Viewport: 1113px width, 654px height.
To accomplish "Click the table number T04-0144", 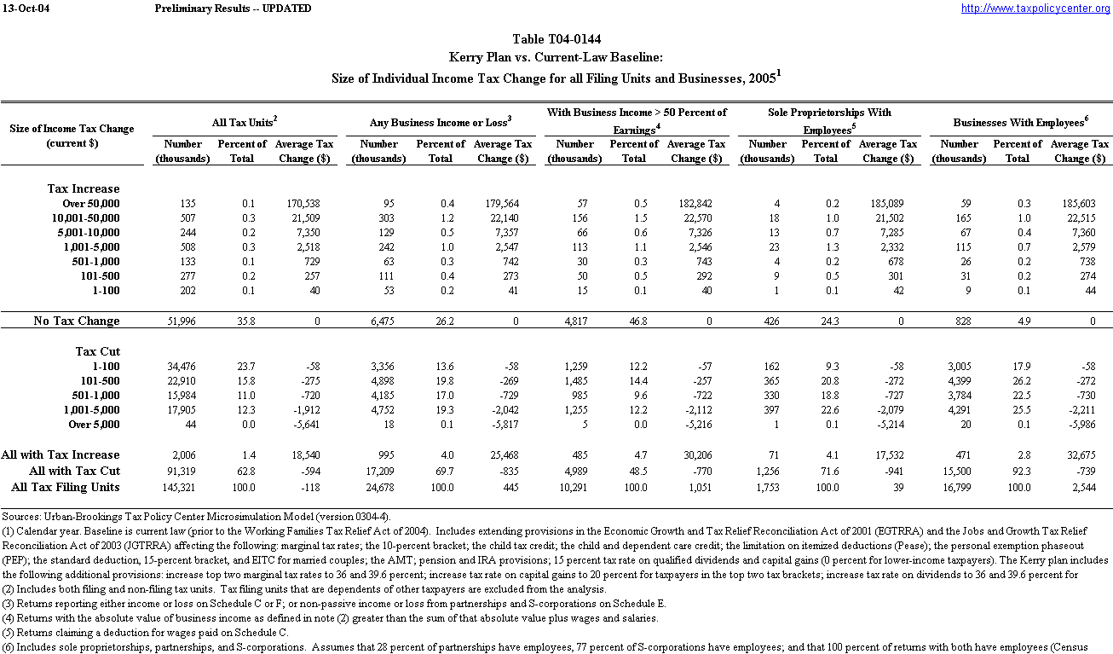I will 556,40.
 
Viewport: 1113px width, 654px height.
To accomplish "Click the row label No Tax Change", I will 77,321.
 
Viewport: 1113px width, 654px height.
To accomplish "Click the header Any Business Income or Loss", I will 440,123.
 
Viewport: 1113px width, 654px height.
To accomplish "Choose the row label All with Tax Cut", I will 74,472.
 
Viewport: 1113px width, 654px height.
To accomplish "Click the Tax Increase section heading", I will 84,188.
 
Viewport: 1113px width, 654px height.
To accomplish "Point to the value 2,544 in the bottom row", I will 1094,488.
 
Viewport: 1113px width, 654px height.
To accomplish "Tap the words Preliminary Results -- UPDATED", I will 234,9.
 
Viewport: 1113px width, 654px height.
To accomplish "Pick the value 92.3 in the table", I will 1012,472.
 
